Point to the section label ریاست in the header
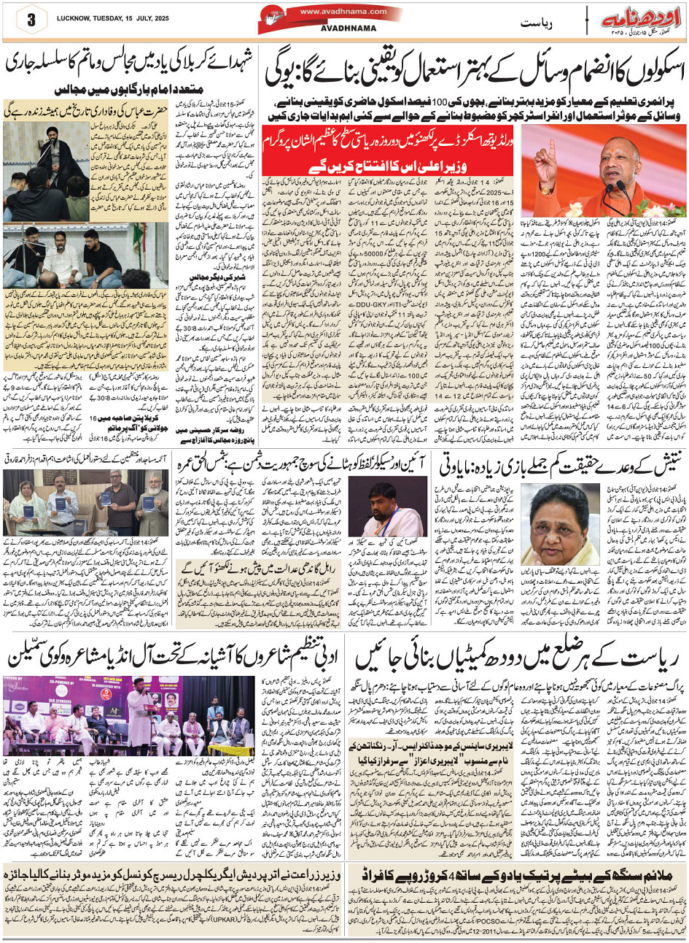pos(538,23)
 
